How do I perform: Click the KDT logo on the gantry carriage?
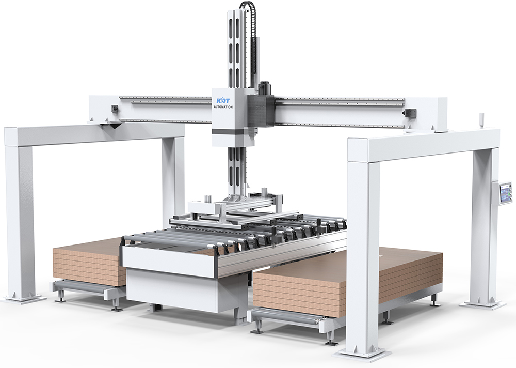pos(222,101)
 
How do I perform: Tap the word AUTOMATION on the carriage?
pos(222,107)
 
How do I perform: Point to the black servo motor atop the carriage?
pos(265,88)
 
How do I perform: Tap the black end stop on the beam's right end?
pos(411,113)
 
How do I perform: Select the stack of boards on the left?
pos(89,261)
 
